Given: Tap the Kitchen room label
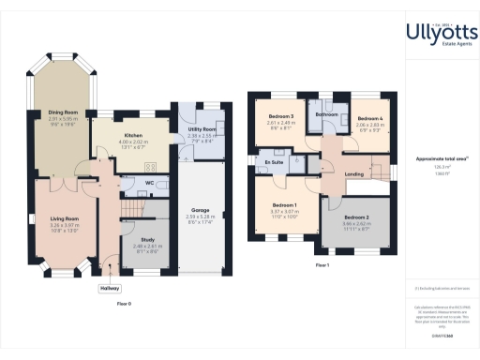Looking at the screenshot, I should tap(130, 134).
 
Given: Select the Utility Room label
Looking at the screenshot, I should tap(202, 128).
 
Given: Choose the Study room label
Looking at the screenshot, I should tap(135, 240).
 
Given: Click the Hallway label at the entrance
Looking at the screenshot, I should tap(111, 289).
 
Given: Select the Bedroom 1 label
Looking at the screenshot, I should tap(284, 204).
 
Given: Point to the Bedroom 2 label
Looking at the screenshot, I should tap(354, 217).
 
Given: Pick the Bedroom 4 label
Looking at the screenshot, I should tap(369, 118).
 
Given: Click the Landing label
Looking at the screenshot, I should tap(354, 174).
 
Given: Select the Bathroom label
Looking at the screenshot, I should tap(326, 114).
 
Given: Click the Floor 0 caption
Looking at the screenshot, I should tap(124, 305).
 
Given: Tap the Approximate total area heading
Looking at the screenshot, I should tap(441, 159).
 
